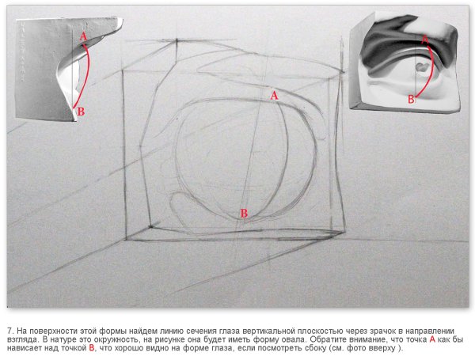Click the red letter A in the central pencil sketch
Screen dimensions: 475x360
coord(274,96)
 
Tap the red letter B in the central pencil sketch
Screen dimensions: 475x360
coord(244,213)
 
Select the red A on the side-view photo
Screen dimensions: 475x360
coord(83,37)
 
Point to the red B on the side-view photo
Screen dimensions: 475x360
coord(81,112)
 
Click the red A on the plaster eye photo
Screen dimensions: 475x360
coord(425,39)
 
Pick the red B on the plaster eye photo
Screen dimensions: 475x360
coord(411,99)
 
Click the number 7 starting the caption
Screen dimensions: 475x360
coord(10,331)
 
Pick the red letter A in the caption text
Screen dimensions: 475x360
coord(432,339)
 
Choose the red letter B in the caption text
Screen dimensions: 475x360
coord(91,348)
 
